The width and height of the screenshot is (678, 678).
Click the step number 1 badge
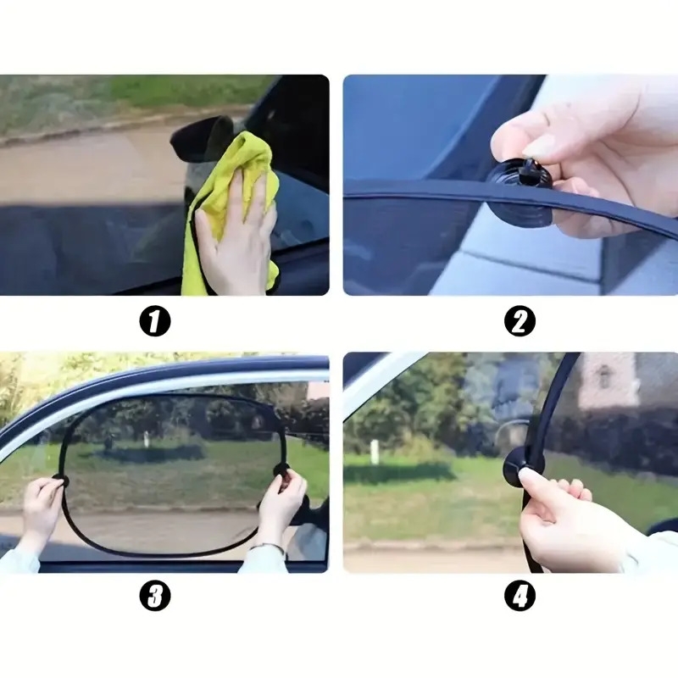(x=155, y=322)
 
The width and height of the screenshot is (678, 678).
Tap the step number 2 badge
(x=520, y=322)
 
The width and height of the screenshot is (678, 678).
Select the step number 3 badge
(x=155, y=596)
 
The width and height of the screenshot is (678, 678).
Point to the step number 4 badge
(x=520, y=596)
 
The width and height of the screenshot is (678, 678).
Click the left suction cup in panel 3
(x=60, y=479)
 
